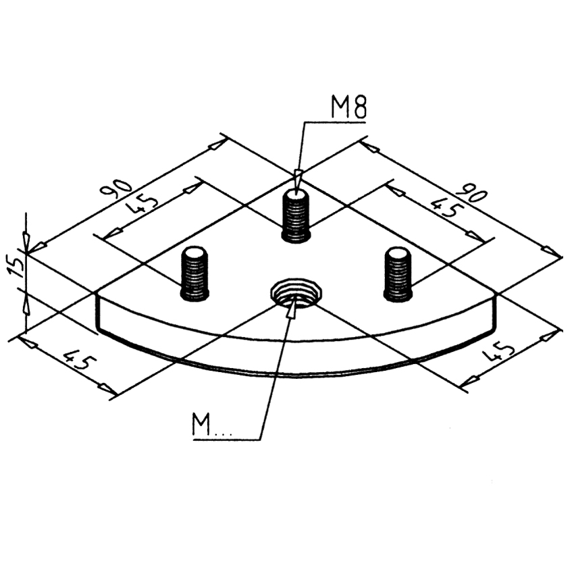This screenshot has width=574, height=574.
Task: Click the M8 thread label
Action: click(x=348, y=107)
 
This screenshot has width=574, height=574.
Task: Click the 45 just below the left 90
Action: click(x=143, y=207)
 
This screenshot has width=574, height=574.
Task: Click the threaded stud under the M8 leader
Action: click(x=296, y=215)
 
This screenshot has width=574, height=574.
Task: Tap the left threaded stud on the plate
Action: click(x=194, y=273)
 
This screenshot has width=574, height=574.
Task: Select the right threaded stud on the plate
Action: click(x=398, y=273)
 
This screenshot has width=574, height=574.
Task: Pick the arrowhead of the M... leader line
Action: click(x=291, y=309)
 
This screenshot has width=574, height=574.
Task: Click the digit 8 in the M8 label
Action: click(x=358, y=107)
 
